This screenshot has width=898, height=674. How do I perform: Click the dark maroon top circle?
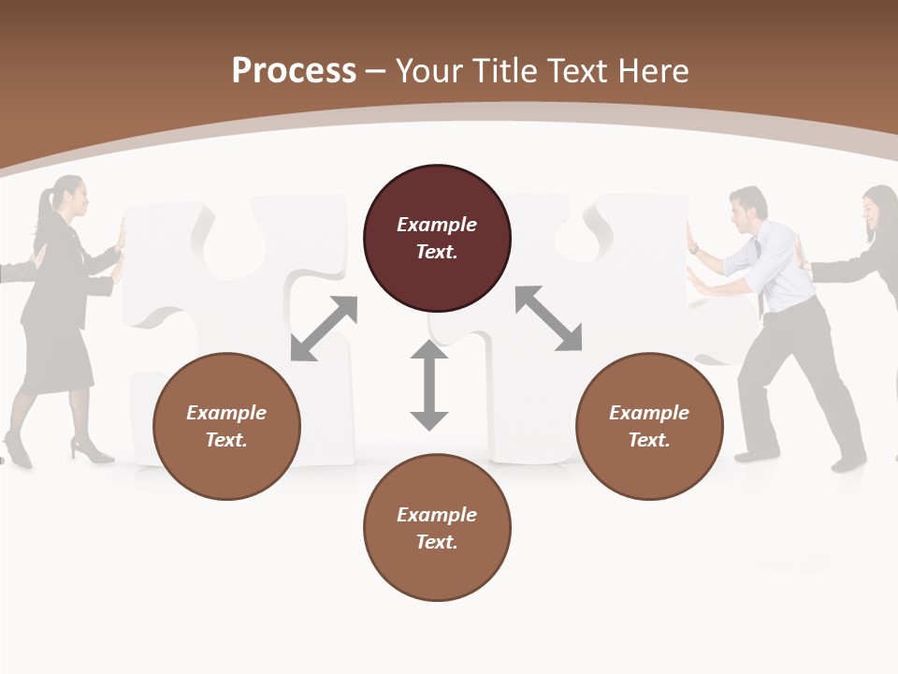tap(437, 239)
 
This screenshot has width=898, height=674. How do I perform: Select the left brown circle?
tap(226, 426)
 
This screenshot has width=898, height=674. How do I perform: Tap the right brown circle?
tap(649, 426)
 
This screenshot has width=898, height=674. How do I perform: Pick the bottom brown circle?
tap(437, 528)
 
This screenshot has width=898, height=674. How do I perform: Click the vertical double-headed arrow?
tap(429, 385)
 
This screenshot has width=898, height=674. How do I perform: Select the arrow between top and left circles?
tap(324, 328)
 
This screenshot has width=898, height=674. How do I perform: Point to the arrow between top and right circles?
tap(548, 318)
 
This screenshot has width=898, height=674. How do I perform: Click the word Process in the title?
tap(294, 71)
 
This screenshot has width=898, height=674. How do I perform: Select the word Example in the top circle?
tap(437, 225)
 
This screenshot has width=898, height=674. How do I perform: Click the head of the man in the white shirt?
tap(748, 209)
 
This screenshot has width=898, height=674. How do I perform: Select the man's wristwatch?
tap(694, 249)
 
